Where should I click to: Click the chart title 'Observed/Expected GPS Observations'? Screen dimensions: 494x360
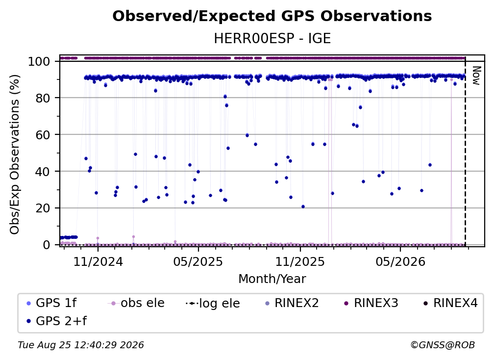[x=272, y=16]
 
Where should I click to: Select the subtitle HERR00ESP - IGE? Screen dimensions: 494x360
[x=272, y=39]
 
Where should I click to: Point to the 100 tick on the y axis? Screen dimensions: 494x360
[x=39, y=61]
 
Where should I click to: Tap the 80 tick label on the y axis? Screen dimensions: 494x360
[x=43, y=98]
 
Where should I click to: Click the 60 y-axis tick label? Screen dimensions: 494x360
[x=43, y=135]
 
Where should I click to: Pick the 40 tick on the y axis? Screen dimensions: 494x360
[x=43, y=172]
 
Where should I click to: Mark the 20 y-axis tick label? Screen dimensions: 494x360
[x=43, y=208]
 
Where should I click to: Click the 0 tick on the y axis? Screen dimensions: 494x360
[x=47, y=245]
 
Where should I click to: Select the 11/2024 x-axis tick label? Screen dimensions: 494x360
[x=98, y=261]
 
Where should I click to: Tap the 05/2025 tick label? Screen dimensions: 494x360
[x=198, y=261]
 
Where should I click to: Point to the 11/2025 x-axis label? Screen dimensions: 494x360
[x=300, y=261]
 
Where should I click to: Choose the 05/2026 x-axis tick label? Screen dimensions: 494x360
[x=400, y=261]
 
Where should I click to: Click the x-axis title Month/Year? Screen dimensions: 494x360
[x=272, y=279]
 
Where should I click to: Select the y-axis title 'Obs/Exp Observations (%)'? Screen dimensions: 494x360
[x=15, y=154]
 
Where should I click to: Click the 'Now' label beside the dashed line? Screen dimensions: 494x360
[x=476, y=76]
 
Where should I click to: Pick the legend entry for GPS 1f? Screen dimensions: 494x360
[x=52, y=303]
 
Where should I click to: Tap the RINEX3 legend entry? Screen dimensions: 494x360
[x=371, y=303]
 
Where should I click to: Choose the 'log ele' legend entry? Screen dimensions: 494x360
[x=213, y=303]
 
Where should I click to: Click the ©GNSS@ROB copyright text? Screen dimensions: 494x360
[x=443, y=345]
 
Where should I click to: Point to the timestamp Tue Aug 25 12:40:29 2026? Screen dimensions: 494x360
[x=81, y=345]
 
